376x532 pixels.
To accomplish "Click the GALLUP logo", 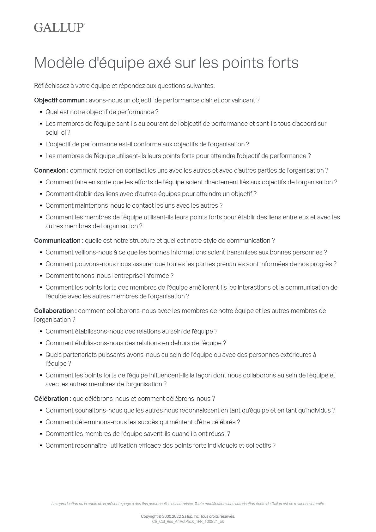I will click(59, 28).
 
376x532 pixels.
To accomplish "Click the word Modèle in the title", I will click(59, 63).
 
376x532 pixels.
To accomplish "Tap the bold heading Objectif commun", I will click(61, 101).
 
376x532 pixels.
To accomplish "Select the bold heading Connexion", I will click(51, 171).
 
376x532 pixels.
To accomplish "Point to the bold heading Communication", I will click(59, 241).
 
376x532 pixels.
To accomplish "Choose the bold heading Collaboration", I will click(55, 311).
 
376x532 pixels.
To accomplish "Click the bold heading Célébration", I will click(53, 399).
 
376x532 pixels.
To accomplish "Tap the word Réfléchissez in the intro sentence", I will click(51, 86).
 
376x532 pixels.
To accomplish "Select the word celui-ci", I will click(56, 133).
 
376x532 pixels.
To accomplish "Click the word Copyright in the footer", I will click(149, 517).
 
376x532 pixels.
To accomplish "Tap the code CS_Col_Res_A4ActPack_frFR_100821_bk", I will click(188, 522).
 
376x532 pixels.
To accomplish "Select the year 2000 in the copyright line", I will click(167, 517).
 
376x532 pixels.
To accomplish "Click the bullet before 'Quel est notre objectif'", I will click(41, 112).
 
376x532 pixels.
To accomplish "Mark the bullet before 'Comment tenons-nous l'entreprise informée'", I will click(41, 276).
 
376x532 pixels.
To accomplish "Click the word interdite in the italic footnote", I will click(318, 504).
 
